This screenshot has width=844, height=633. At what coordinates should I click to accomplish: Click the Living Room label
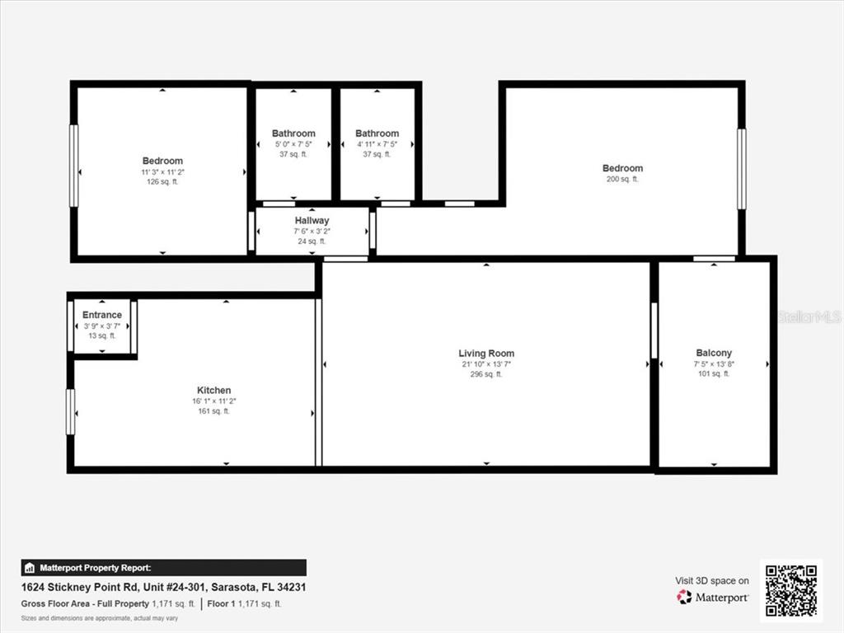(486, 354)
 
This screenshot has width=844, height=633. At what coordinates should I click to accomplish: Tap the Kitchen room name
(213, 390)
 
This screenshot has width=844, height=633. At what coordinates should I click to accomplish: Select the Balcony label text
(714, 353)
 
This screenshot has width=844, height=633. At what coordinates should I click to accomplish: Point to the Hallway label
(312, 220)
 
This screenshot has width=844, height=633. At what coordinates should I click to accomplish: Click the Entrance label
(102, 315)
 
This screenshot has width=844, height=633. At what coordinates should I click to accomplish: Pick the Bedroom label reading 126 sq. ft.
(162, 161)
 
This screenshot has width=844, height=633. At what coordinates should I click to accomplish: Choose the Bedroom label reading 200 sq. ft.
(622, 168)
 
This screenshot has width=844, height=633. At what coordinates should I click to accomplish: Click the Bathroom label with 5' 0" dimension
(293, 134)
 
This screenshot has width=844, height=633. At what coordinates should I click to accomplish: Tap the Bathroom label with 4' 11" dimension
(377, 134)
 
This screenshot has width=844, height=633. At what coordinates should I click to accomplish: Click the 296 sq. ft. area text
(486, 374)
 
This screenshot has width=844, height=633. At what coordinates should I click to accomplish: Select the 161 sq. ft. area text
(213, 410)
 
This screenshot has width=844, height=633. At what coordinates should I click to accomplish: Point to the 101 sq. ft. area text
(714, 373)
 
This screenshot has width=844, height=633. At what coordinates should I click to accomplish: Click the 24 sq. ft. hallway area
(312, 241)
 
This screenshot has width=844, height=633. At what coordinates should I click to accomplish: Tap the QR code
(790, 590)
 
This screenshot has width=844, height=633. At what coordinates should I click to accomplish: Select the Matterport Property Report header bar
(163, 568)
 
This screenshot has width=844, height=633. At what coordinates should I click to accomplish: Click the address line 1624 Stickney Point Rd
(165, 588)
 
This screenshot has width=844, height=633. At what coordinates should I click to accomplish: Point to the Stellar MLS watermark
(809, 316)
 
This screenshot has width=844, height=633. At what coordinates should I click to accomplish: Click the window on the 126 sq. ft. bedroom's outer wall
(73, 166)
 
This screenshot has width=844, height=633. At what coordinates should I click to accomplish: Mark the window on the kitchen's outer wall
(70, 411)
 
